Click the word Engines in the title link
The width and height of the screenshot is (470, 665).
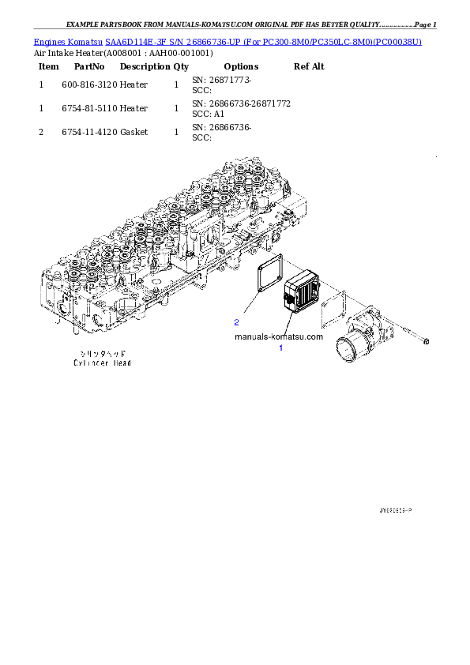pyautogui.click(x=48, y=40)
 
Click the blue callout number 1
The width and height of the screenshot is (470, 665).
pyautogui.click(x=280, y=348)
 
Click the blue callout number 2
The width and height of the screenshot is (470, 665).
pyautogui.click(x=236, y=322)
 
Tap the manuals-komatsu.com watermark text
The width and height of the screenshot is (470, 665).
pyautogui.click(x=279, y=336)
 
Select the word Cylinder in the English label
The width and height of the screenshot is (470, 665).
pyautogui.click(x=89, y=363)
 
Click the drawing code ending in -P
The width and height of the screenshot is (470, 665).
pyautogui.click(x=396, y=511)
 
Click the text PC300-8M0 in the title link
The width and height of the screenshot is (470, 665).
pyautogui.click(x=284, y=40)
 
